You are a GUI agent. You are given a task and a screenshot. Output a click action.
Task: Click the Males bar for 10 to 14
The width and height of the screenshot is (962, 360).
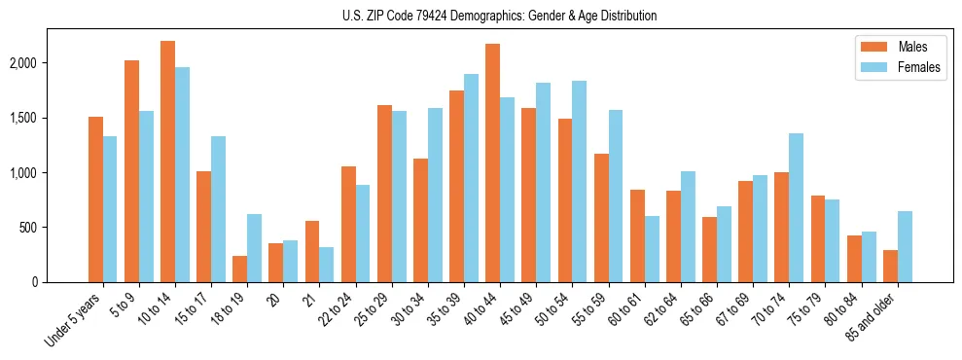pyautogui.click(x=167, y=162)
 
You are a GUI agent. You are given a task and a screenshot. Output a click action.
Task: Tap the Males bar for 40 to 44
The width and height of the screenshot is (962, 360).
pyautogui.click(x=492, y=162)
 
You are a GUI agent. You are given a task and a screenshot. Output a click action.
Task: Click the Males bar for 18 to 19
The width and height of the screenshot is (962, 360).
pyautogui.click(x=239, y=269)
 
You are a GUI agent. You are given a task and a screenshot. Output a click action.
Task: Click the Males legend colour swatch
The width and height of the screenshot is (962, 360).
pyautogui.click(x=870, y=47)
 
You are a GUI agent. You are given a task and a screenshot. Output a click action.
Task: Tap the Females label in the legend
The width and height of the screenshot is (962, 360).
pyautogui.click(x=919, y=68)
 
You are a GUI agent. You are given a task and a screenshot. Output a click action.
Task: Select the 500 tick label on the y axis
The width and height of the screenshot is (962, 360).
pyautogui.click(x=56, y=228)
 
